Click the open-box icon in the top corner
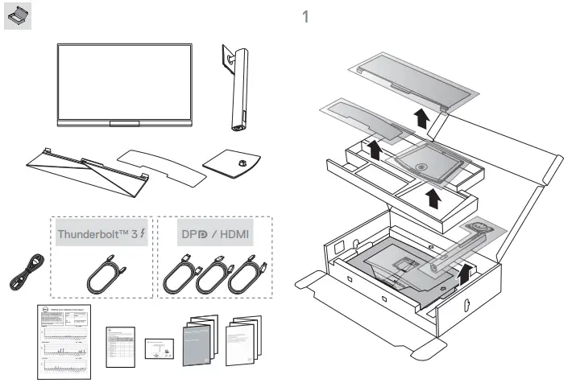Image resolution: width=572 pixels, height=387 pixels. pos(18,19)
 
